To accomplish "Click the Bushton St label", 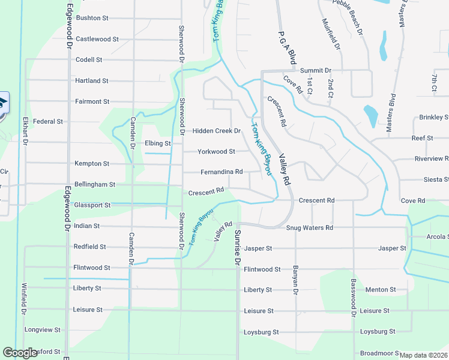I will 92,19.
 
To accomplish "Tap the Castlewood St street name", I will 97,39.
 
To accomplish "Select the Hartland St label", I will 92,80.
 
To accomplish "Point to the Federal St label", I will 48,121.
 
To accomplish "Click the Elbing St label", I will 158,143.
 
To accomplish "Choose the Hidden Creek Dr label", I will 216,131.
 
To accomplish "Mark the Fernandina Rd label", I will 221,172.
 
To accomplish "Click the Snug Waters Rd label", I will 309,228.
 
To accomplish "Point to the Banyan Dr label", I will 296,281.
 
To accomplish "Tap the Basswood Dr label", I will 354,294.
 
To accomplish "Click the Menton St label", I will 381,290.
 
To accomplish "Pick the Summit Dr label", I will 316,70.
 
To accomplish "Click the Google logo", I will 20,353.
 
